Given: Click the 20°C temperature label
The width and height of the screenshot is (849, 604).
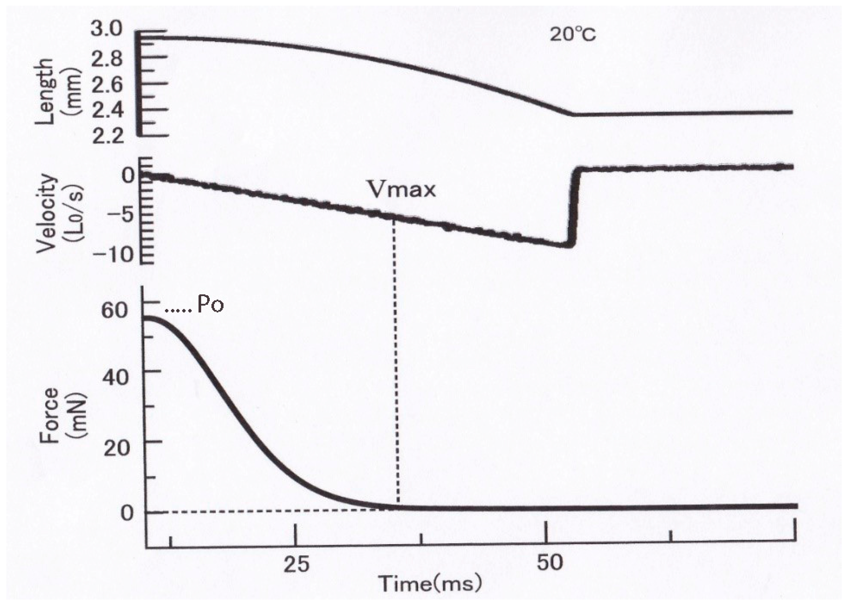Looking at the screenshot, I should coord(573,35).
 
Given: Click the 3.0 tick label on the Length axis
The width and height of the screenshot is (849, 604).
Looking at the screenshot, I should coord(106,29).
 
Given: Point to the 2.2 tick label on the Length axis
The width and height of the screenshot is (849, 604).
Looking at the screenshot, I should coord(107,136).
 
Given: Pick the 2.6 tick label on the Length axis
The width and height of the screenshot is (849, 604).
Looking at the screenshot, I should coord(107,85).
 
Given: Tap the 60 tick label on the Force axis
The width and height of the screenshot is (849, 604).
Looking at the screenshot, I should coord(115,309).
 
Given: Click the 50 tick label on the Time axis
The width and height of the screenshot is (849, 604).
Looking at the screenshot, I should coord(550,563).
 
